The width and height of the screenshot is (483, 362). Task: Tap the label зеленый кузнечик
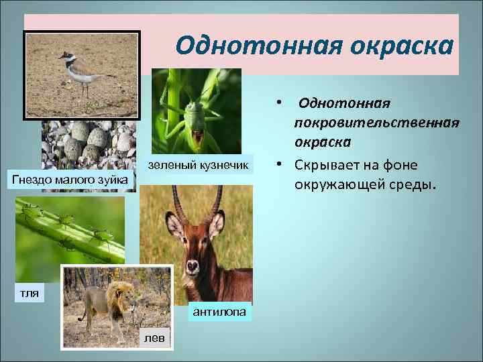coord(198,164)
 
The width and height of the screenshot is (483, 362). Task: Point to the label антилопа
coord(219,312)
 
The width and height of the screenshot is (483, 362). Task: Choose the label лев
coord(154,337)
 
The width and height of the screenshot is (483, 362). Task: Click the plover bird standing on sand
coord(79,70)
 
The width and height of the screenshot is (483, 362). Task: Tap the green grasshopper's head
coord(195,111)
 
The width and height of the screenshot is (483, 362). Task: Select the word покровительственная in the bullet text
coord(376,123)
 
